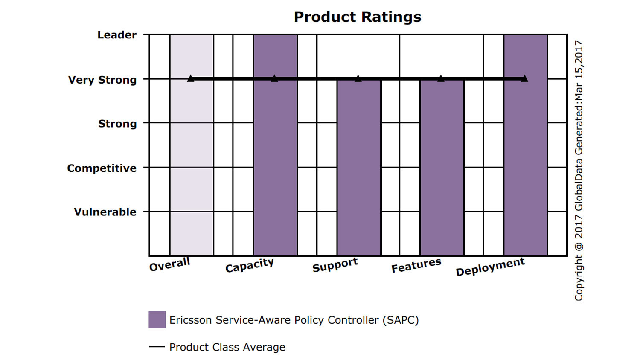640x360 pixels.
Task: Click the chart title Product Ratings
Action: pyautogui.click(x=358, y=17)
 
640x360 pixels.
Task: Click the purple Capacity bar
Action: pyautogui.click(x=275, y=145)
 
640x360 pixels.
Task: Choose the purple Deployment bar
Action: pyautogui.click(x=525, y=145)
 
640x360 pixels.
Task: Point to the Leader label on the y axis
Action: pyautogui.click(x=117, y=35)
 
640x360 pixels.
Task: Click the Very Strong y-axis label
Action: pyautogui.click(x=102, y=80)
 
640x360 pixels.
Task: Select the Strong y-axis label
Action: pyautogui.click(x=117, y=124)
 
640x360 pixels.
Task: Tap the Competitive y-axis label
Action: pyautogui.click(x=102, y=168)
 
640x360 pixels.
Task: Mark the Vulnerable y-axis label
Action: pyautogui.click(x=105, y=212)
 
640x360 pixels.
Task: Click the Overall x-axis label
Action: pyautogui.click(x=169, y=264)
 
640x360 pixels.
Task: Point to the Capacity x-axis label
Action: pyautogui.click(x=250, y=265)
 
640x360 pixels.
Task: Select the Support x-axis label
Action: pyautogui.click(x=335, y=265)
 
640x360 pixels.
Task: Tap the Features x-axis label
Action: pyautogui.click(x=416, y=265)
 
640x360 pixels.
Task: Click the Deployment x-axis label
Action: pyautogui.click(x=490, y=267)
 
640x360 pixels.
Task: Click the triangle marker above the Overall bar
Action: pyautogui.click(x=191, y=78)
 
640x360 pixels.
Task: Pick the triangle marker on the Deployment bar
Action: pyautogui.click(x=524, y=78)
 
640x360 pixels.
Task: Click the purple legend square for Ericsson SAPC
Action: pyautogui.click(x=157, y=319)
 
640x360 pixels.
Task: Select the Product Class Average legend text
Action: pyautogui.click(x=227, y=347)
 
